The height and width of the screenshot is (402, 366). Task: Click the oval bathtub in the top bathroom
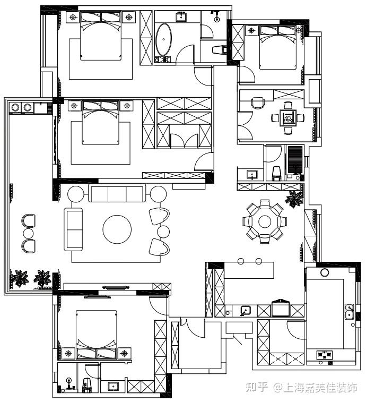point(164,39)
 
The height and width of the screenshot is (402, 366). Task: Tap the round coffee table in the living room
point(117,229)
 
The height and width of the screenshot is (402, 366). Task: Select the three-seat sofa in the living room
point(117,193)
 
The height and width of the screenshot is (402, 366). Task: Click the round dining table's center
point(265,221)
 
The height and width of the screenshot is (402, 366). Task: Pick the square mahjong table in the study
point(288,118)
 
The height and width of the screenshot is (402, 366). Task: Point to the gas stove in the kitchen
point(325,355)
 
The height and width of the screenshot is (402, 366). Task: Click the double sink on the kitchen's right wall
point(350,311)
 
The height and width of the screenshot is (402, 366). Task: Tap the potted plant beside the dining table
point(294,199)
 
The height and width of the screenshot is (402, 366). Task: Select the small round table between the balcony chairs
point(28,233)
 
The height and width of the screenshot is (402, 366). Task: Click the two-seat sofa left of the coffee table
point(73,229)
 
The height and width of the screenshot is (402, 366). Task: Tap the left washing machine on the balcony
point(15,107)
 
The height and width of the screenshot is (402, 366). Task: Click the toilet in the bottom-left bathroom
point(88,384)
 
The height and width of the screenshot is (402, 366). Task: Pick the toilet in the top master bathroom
point(220,50)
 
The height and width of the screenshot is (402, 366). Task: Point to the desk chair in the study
point(258,103)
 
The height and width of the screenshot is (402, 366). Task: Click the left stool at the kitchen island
point(241,261)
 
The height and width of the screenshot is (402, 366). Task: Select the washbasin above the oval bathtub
point(182,17)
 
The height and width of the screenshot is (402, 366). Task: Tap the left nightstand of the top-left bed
point(73,17)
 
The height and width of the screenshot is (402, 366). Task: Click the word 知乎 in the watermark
point(257,387)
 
